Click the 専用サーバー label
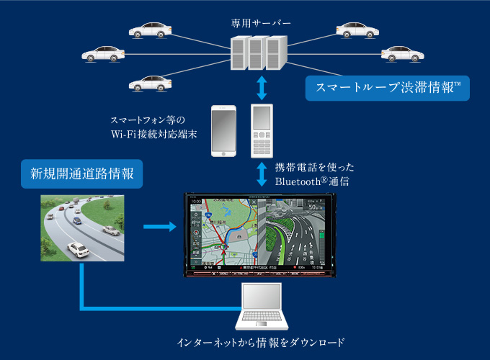click(260, 24)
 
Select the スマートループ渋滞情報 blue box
click(387, 89)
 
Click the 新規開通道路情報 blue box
click(81, 174)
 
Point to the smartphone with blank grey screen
click(223, 131)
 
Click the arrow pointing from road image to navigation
click(159, 228)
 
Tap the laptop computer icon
click(262, 307)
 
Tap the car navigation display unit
click(260, 234)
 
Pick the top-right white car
click(358, 30)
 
